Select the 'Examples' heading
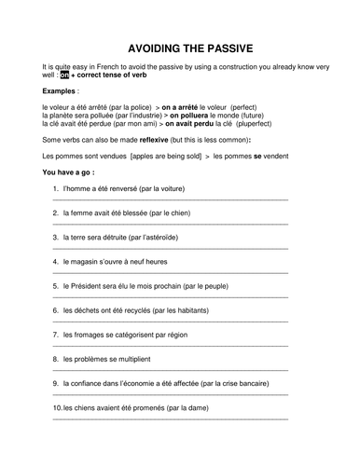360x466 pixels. (x=61, y=91)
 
